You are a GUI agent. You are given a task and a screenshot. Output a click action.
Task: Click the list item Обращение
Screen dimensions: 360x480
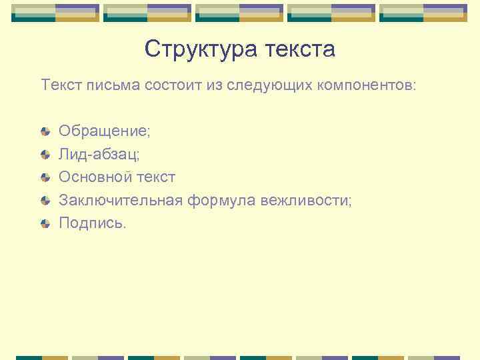pyautogui.click(x=104, y=131)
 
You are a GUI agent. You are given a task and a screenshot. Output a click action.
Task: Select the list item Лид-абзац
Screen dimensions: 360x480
pyautogui.click(x=99, y=154)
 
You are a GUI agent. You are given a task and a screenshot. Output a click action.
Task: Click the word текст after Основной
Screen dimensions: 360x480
pyautogui.click(x=155, y=177)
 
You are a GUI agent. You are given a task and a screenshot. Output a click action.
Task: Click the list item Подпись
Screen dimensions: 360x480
pyautogui.click(x=91, y=223)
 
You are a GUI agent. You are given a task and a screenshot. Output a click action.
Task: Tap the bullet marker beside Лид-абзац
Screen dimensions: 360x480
pyautogui.click(x=45, y=154)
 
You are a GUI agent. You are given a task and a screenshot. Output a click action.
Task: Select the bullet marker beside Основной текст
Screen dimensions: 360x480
pyautogui.click(x=45, y=177)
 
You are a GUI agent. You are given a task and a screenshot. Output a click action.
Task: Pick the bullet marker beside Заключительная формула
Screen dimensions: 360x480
pyautogui.click(x=45, y=200)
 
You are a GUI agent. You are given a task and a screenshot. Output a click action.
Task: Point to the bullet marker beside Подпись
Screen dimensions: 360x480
pyautogui.click(x=45, y=223)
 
